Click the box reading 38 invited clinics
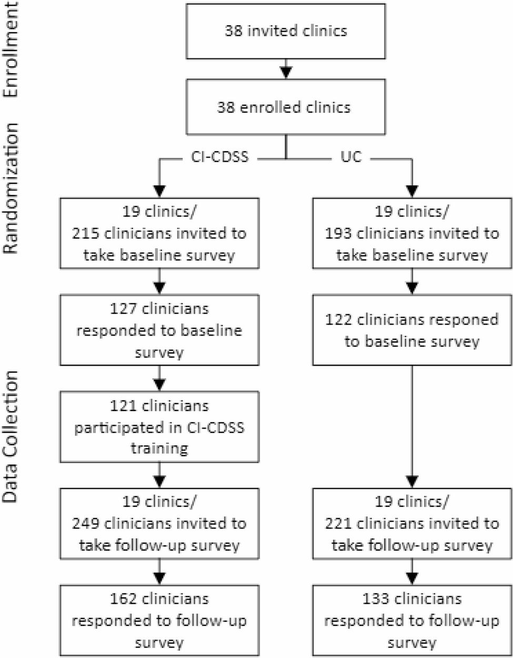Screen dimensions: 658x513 point(286,31)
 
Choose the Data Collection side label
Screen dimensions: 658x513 point(12,437)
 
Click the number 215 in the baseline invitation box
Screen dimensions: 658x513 point(86,233)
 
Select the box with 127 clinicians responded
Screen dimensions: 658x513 point(159,330)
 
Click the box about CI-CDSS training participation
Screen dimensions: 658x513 point(159,427)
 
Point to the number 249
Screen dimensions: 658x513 point(86,524)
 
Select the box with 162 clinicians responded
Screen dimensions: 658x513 point(159,621)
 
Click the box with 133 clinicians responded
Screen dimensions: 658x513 point(411,621)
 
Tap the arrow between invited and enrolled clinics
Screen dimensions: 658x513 point(285,69)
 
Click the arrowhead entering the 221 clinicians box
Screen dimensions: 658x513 point(411,482)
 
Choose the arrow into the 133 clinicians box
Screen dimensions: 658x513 point(411,572)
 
